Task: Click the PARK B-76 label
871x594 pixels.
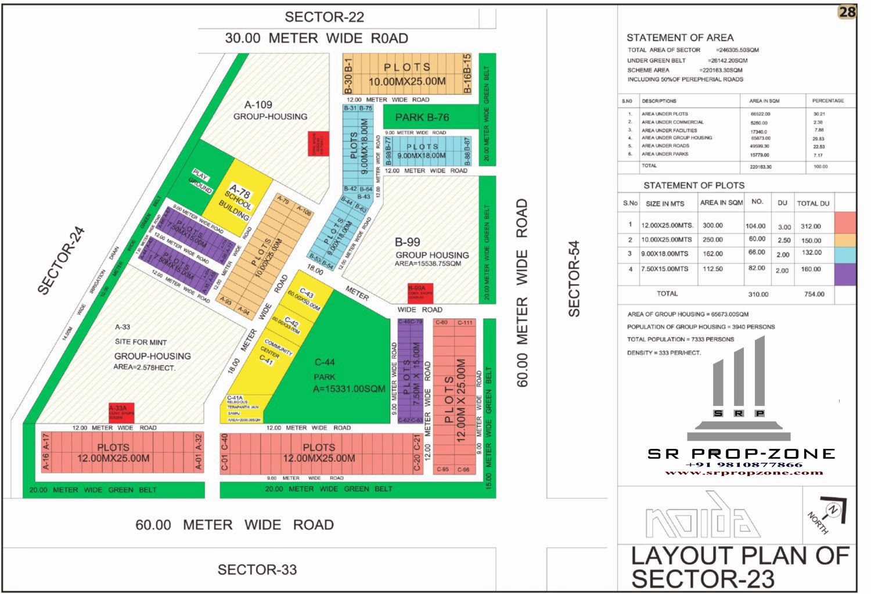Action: pyautogui.click(x=422, y=117)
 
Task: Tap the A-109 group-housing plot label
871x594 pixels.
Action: pyautogui.click(x=259, y=105)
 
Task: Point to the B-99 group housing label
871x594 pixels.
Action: pyautogui.click(x=407, y=242)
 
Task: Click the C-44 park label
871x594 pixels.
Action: pyautogui.click(x=325, y=362)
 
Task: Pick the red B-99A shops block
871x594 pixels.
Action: pyautogui.click(x=420, y=293)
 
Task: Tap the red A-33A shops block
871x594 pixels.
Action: pyautogui.click(x=121, y=412)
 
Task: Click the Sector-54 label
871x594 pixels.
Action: pyautogui.click(x=574, y=278)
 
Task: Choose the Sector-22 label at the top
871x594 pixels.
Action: pyautogui.click(x=324, y=17)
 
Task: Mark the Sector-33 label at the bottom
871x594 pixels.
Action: pyautogui.click(x=257, y=570)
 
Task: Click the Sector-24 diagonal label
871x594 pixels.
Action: pyautogui.click(x=61, y=260)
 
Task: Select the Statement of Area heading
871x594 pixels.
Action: pyautogui.click(x=679, y=38)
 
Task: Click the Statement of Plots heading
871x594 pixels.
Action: pyautogui.click(x=693, y=185)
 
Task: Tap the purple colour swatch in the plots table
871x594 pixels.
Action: pyautogui.click(x=845, y=274)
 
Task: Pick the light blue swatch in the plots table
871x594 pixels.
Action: pyautogui.click(x=845, y=254)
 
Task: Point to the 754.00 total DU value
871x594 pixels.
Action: pyautogui.click(x=814, y=294)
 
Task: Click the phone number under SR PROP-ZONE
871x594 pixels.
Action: pyautogui.click(x=744, y=465)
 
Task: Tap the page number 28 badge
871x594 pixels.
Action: pyautogui.click(x=847, y=12)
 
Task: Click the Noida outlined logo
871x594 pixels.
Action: pyautogui.click(x=702, y=517)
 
